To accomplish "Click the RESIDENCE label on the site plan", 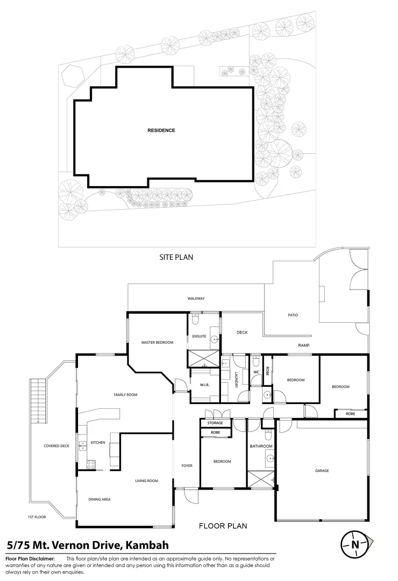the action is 161,130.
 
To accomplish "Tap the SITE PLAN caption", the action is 176,257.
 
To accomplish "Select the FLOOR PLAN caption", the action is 223,526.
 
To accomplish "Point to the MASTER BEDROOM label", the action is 157,342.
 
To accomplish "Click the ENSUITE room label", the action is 200,336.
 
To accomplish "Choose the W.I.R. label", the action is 204,385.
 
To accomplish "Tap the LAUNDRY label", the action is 236,380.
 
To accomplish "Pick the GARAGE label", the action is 322,471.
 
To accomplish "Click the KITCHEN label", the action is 98,442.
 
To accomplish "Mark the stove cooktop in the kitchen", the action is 91,465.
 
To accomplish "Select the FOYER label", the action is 187,466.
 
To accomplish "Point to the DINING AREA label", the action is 99,499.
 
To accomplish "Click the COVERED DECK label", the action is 56,446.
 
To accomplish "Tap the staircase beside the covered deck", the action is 38,401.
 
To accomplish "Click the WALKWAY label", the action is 196,298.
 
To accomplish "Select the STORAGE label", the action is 215,423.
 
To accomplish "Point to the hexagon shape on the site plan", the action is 72,76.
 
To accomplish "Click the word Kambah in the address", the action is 147,545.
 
